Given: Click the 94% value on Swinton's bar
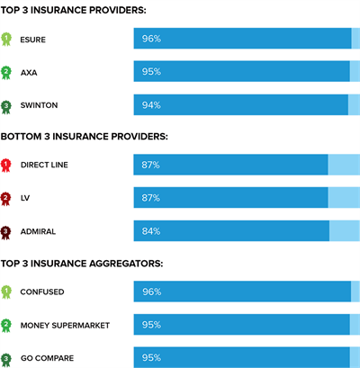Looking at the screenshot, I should click(x=150, y=105).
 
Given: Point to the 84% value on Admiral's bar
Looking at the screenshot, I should click(x=150, y=231).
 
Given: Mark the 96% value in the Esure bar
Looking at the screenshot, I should click(x=150, y=39).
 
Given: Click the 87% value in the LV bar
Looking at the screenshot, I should click(x=150, y=198).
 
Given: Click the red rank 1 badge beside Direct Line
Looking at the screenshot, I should click(x=7, y=165).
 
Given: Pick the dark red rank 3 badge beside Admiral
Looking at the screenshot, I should click(x=7, y=232).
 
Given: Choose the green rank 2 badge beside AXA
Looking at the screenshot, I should click(x=7, y=72).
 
